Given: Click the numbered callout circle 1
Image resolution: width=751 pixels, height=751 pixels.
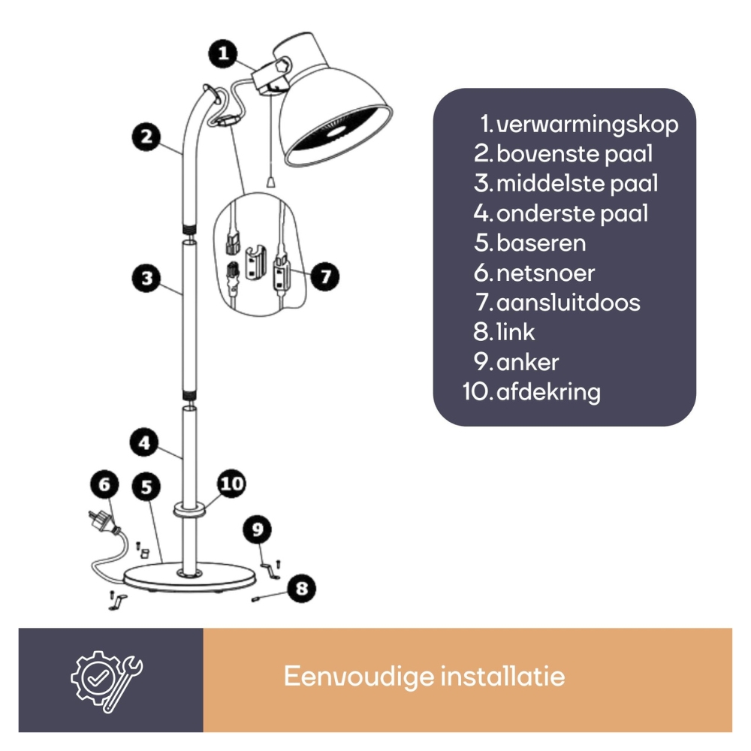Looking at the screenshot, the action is (223, 53).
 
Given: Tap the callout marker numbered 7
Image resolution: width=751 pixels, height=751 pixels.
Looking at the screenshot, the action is (325, 276).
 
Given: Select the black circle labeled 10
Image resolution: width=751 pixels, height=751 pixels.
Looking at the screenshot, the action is (232, 483).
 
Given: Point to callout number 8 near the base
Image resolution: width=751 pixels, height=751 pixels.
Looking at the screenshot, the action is (301, 588).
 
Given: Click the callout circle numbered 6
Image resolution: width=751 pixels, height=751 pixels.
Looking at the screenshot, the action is (105, 484).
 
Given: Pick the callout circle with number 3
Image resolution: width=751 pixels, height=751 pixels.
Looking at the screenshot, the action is (146, 279).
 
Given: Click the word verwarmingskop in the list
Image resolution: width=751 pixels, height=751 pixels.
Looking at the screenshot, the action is (587, 125).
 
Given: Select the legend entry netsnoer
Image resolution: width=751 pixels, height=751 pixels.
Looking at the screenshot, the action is (545, 273).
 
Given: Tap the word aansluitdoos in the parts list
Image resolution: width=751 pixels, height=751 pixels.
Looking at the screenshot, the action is (568, 303).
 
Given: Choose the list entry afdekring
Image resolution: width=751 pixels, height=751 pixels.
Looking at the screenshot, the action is (548, 392).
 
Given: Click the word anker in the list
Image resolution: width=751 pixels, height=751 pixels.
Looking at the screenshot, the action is (527, 363).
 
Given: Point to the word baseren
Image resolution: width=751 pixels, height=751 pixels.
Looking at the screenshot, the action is (541, 243).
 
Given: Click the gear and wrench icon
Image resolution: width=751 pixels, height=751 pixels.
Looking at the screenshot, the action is (107, 680).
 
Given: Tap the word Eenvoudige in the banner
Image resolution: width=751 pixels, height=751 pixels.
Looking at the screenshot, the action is (359, 677).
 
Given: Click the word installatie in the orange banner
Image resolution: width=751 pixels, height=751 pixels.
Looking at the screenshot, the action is (503, 677).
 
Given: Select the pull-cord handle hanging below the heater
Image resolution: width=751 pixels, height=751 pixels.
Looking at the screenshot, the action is (270, 182).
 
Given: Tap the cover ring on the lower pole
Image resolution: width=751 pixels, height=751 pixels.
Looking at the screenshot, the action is (190, 509).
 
